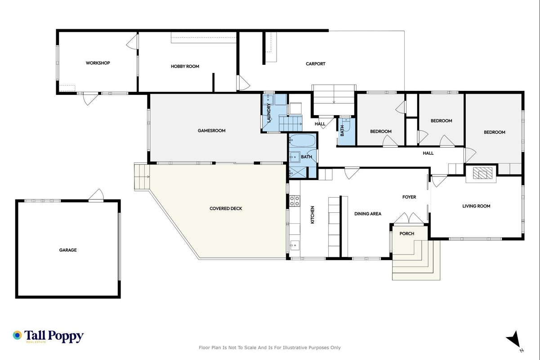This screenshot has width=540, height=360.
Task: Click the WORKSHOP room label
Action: [x=98, y=63]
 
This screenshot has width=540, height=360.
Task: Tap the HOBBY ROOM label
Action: [x=185, y=66]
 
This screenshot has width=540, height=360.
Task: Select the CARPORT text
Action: [x=316, y=64]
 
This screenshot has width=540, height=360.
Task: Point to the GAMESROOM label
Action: [x=211, y=130]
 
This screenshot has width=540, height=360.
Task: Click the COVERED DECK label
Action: [x=226, y=208]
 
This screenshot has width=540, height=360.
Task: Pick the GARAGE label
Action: [x=68, y=250]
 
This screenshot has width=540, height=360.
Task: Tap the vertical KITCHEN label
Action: [x=312, y=215]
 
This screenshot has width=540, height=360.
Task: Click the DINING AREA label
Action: [x=368, y=214]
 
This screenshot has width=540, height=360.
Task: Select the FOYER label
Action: [x=409, y=197]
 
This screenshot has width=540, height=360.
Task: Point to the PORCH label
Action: [x=407, y=234]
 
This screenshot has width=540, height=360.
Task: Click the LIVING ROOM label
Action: [x=476, y=206]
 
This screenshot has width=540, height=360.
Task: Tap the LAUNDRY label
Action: [x=269, y=112]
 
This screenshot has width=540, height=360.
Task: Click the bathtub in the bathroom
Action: [x=302, y=140]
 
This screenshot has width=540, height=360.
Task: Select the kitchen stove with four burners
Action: [x=295, y=201]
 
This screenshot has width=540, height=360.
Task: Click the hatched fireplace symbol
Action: [x=482, y=173]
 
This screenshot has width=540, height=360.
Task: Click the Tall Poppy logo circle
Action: [x=18, y=335]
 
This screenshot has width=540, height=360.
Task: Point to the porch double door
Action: [x=409, y=218]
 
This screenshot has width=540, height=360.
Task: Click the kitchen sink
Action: [x=295, y=245]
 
